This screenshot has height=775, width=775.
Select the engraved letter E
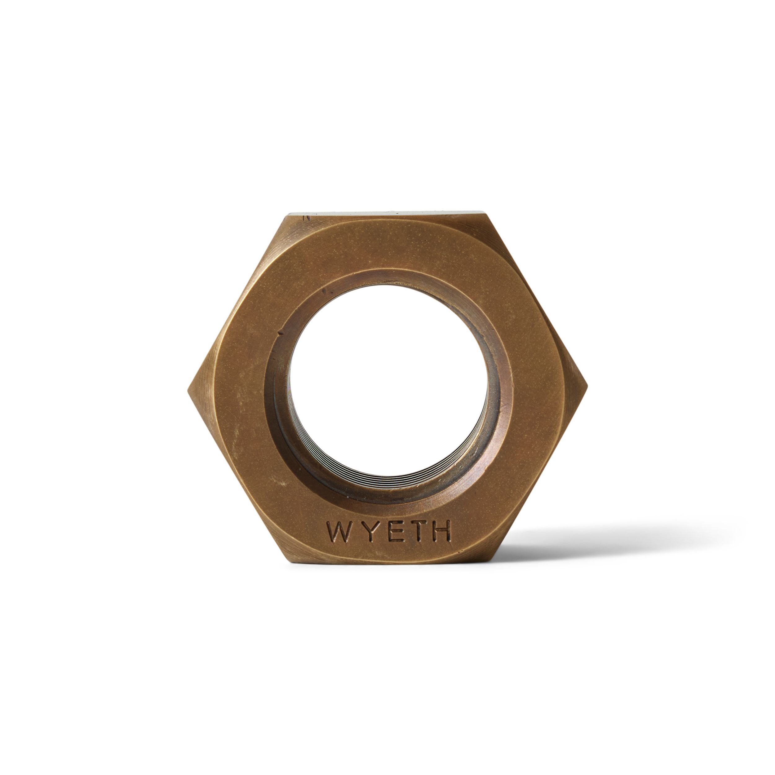(386, 532)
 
